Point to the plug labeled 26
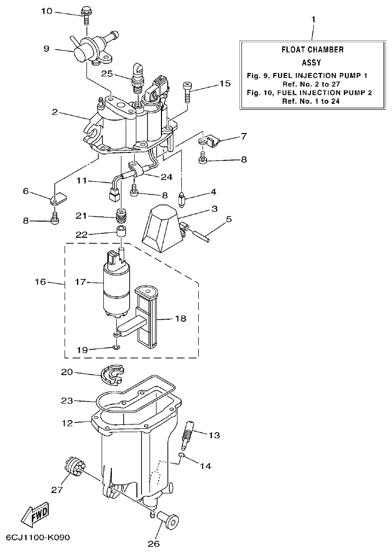click(168, 522)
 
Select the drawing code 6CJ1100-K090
click(38, 538)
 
